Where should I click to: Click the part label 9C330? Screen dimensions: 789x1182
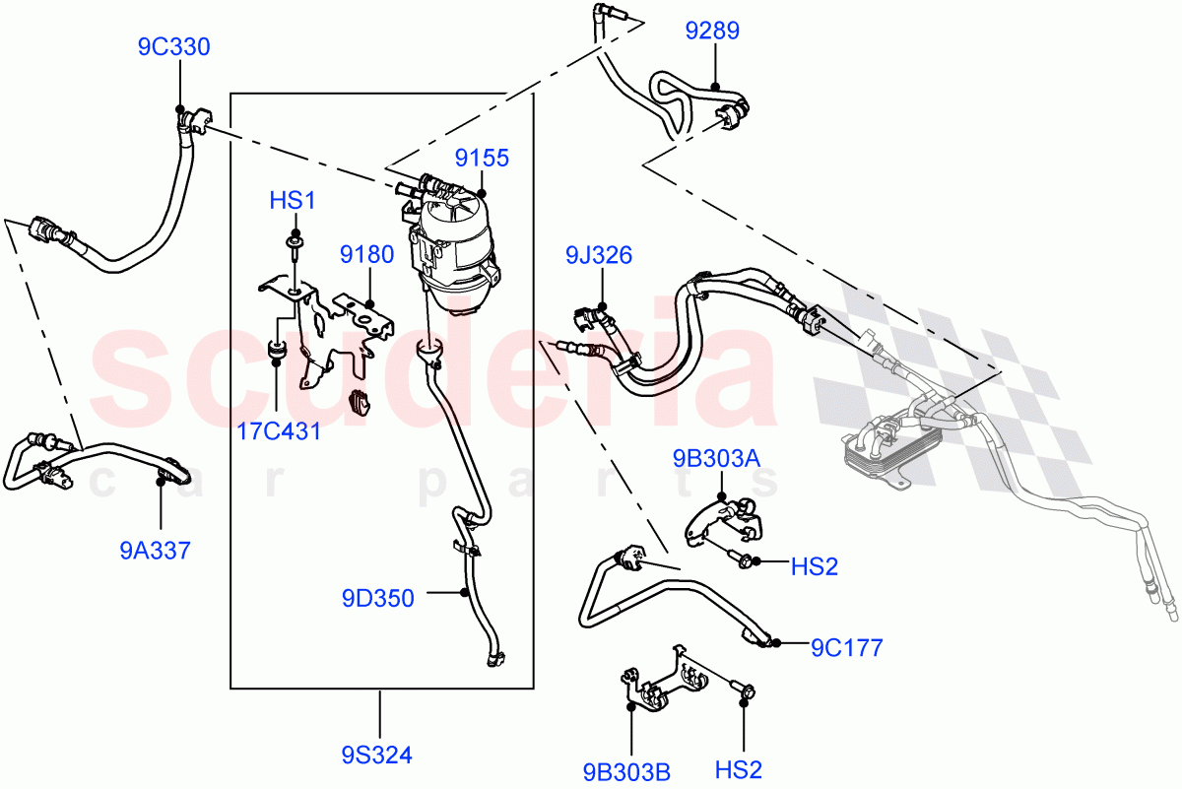click(x=173, y=47)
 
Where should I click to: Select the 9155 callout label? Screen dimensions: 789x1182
click(x=482, y=158)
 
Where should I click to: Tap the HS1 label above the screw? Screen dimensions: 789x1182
click(x=293, y=201)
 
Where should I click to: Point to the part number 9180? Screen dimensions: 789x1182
click(x=367, y=255)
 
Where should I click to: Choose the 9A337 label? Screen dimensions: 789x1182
click(x=155, y=550)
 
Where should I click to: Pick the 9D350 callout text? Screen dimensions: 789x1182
click(x=378, y=598)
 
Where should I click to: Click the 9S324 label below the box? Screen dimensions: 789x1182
click(x=377, y=756)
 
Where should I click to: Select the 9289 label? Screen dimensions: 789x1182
click(x=712, y=33)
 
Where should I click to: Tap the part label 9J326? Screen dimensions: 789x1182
click(x=599, y=257)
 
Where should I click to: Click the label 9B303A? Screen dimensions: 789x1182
click(x=718, y=458)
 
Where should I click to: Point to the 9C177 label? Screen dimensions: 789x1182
click(x=846, y=647)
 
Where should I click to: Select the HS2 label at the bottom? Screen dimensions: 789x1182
click(x=738, y=770)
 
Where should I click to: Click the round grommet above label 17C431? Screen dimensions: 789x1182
click(x=276, y=351)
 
